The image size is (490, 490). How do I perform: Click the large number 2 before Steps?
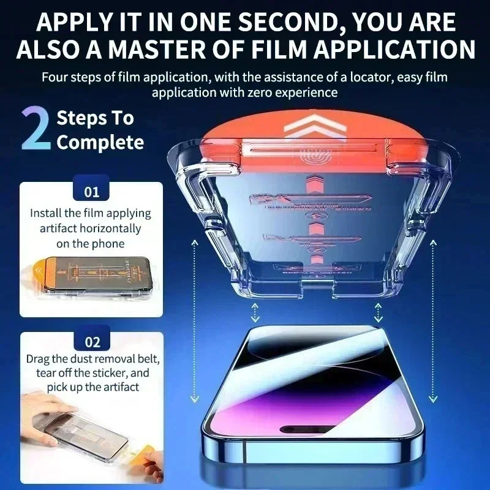[x=36, y=129]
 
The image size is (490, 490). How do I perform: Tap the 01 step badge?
[x=91, y=192]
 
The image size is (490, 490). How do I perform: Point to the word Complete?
[x=100, y=143]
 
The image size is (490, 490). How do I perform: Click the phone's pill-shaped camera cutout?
[x=311, y=428]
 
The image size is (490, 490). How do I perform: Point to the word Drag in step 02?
[x=39, y=358]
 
